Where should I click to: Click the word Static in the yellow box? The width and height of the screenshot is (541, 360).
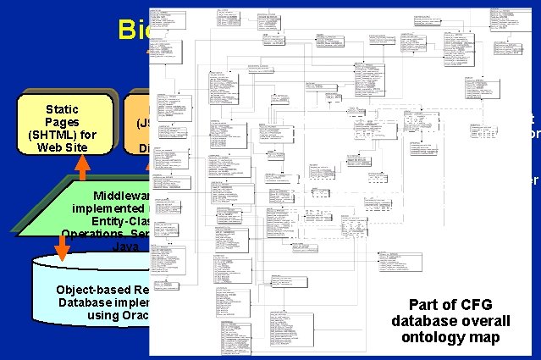point(62,108)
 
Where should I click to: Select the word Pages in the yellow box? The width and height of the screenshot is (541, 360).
point(62,122)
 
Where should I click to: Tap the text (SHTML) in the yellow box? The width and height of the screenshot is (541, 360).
point(62,135)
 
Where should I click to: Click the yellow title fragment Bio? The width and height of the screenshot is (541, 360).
point(134,30)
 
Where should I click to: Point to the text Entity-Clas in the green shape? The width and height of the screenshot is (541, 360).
point(120,220)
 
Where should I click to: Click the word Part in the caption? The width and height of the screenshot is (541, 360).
point(427,305)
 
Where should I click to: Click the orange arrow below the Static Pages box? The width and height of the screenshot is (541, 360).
point(82,168)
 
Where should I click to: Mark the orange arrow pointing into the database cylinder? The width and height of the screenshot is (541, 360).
point(62,247)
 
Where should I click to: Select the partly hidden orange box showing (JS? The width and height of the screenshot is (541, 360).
point(138,127)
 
